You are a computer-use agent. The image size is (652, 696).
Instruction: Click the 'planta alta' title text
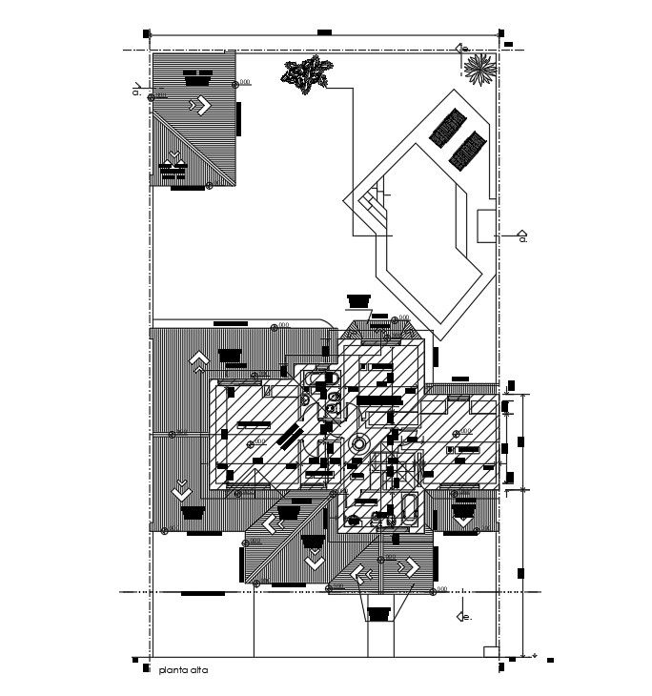[x=184, y=670]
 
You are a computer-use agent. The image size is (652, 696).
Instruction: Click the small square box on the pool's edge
[x=483, y=223]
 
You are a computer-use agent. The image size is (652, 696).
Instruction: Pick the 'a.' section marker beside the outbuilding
[x=137, y=92]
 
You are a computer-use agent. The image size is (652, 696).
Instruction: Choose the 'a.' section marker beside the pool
[x=521, y=235]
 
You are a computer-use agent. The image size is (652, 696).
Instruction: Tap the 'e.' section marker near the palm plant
[x=461, y=48]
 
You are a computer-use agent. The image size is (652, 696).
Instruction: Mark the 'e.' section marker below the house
[x=464, y=617]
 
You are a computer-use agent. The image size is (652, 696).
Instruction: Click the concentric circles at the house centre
[x=359, y=443]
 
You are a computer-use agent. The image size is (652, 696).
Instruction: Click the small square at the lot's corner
[x=490, y=651]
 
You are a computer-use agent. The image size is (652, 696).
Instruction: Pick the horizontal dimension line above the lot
[x=324, y=35]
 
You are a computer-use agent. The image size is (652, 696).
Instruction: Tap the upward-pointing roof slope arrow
[x=199, y=359]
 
